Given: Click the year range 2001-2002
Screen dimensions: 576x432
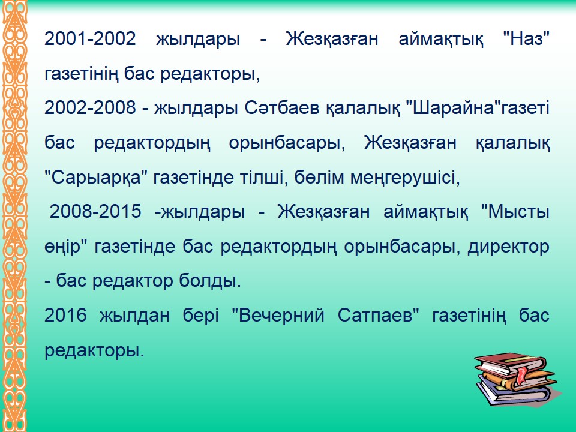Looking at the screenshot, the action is [90, 38].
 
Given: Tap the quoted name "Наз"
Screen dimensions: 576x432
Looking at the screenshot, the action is [526, 38].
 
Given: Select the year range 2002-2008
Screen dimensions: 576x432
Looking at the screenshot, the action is [90, 107].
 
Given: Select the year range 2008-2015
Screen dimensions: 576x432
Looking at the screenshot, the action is [95, 211].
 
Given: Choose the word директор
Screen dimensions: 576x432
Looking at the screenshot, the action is [508, 247].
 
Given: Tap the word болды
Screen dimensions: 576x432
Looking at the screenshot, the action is [210, 281].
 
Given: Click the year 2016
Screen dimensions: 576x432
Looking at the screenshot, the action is [65, 315].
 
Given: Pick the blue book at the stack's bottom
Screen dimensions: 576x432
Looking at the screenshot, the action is [512, 392].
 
